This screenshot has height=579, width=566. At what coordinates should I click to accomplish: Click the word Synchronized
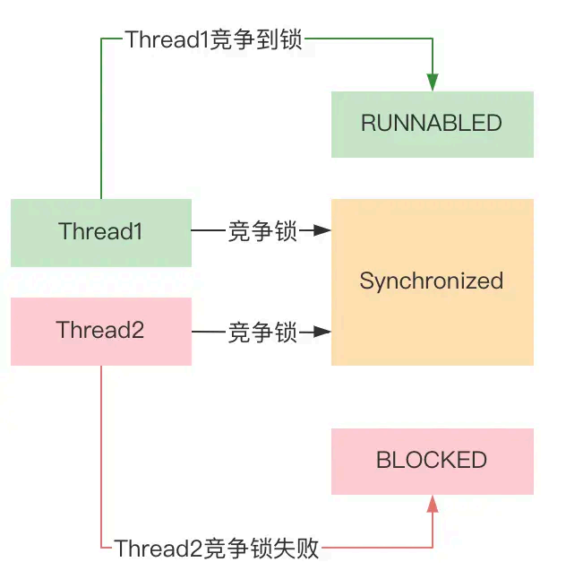click(432, 281)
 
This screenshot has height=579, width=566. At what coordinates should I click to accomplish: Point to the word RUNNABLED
click(432, 124)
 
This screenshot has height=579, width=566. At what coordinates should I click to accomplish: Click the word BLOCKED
click(432, 461)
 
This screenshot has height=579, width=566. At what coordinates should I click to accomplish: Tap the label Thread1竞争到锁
click(215, 39)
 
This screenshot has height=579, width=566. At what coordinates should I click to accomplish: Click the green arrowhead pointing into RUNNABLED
click(433, 82)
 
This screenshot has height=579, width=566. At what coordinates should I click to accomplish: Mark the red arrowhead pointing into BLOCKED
click(433, 505)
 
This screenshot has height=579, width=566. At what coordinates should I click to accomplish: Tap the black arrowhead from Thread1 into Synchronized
click(323, 232)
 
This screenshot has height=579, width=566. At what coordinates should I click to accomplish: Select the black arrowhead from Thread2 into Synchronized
click(323, 333)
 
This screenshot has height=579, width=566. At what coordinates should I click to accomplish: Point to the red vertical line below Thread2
click(101, 457)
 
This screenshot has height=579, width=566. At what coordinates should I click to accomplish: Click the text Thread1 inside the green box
click(101, 231)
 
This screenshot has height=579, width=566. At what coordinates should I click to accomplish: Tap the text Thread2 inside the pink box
click(100, 330)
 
